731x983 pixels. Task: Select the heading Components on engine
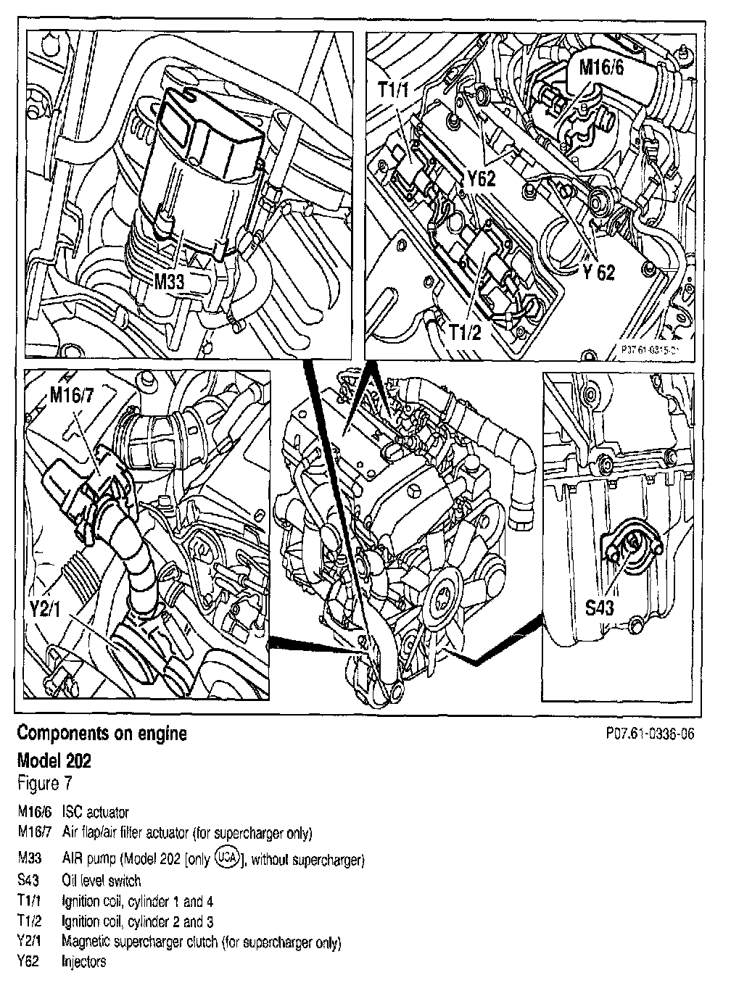click(x=102, y=734)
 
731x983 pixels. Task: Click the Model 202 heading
click(x=54, y=761)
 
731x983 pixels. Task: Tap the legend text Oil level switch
click(x=102, y=881)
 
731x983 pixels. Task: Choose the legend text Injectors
click(x=84, y=962)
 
